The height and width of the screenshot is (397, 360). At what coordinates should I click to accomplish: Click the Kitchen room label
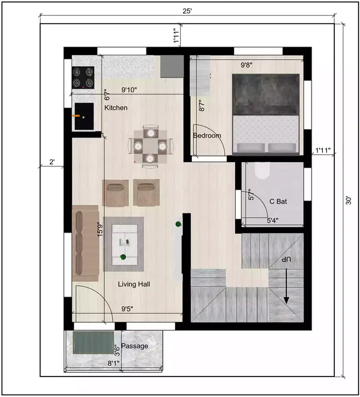click(x=116, y=108)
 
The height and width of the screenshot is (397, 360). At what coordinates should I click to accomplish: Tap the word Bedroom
click(x=207, y=136)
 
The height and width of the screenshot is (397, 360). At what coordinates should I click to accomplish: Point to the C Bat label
click(x=278, y=201)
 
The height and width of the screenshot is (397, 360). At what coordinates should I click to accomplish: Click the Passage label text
click(x=134, y=346)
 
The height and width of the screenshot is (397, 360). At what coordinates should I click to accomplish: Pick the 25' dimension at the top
click(x=186, y=10)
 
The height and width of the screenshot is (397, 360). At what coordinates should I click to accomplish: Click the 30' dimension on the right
click(x=349, y=200)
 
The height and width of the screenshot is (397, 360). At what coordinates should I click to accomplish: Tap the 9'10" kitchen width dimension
click(x=133, y=90)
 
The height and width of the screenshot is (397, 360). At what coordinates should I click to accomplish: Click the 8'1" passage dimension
click(x=113, y=364)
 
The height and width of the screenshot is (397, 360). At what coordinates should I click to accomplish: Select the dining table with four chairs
click(x=151, y=145)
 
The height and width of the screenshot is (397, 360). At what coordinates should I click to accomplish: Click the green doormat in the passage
click(x=93, y=342)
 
